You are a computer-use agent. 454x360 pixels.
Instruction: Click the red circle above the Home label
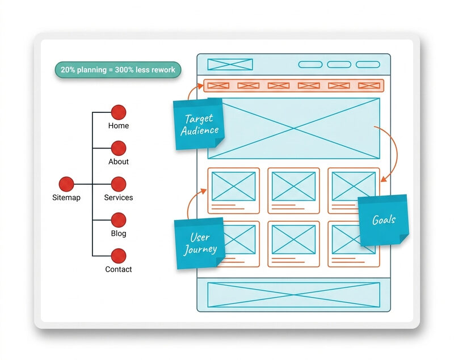(x=118, y=112)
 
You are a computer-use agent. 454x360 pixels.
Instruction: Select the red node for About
(x=118, y=149)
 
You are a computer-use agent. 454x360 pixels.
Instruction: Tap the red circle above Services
(x=118, y=184)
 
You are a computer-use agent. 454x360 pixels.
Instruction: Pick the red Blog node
(x=118, y=220)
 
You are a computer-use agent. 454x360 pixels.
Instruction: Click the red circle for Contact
(x=118, y=256)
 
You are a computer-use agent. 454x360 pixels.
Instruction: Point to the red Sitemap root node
(x=66, y=184)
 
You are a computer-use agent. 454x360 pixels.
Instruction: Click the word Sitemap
(x=66, y=198)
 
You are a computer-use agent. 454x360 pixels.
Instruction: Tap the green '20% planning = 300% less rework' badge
(x=118, y=70)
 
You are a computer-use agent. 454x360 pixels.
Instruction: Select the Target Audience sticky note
(x=199, y=124)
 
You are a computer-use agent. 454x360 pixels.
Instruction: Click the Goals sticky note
(x=384, y=220)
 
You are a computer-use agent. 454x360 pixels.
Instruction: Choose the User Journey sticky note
(x=199, y=243)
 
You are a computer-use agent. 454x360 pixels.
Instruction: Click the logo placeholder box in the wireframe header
(x=230, y=65)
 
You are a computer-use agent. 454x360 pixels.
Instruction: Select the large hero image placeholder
(x=293, y=128)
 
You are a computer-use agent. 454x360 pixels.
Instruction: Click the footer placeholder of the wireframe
(x=293, y=295)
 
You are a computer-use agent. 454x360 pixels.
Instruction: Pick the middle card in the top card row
(x=293, y=190)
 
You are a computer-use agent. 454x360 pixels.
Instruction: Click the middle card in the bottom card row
(x=293, y=244)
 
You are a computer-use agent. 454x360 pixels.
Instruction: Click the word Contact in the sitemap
(x=118, y=269)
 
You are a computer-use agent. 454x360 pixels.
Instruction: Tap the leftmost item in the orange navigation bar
(x=218, y=86)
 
